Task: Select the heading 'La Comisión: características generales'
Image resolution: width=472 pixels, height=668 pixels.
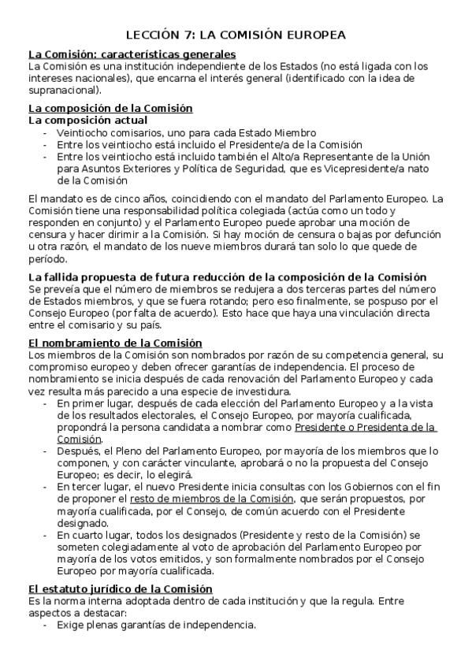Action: coord(132,54)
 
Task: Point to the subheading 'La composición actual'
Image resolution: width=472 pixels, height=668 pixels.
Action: coord(87,121)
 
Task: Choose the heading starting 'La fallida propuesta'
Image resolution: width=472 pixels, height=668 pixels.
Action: coord(227,277)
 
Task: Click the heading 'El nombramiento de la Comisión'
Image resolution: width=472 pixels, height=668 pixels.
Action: coord(115,343)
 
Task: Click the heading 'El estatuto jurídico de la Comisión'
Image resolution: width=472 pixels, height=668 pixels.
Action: coord(121,589)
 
